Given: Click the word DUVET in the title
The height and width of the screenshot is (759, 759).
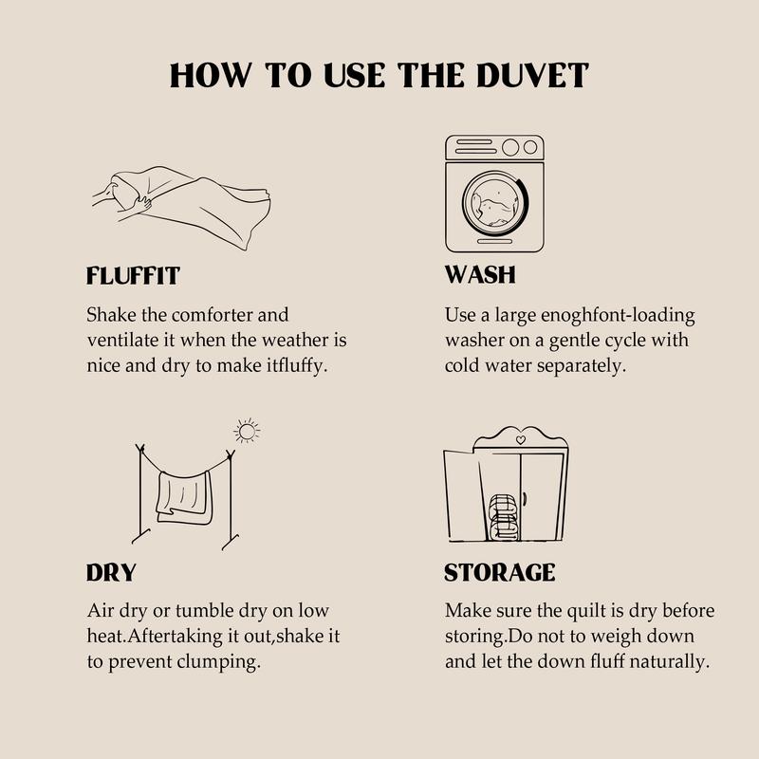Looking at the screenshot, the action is click(x=532, y=76).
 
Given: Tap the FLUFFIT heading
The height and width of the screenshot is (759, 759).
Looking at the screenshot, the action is click(x=133, y=275).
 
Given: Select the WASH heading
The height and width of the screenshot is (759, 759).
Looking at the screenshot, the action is click(x=480, y=274).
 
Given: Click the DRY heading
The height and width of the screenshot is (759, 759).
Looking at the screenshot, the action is click(x=111, y=573).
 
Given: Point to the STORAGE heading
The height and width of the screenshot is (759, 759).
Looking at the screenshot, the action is click(x=500, y=573).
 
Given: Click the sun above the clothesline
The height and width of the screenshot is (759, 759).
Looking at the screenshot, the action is click(x=247, y=431).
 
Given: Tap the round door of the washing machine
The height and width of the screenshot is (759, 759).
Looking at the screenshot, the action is click(x=495, y=203).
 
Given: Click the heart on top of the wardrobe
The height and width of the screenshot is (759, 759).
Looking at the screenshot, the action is click(x=520, y=440).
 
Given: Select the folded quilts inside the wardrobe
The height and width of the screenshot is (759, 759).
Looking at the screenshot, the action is click(x=504, y=517).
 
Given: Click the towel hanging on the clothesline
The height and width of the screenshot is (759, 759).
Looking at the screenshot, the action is click(x=184, y=496).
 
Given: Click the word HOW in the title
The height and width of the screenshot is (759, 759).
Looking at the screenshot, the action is click(x=211, y=76).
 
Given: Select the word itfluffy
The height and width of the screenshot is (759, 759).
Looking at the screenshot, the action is click(x=297, y=366).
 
